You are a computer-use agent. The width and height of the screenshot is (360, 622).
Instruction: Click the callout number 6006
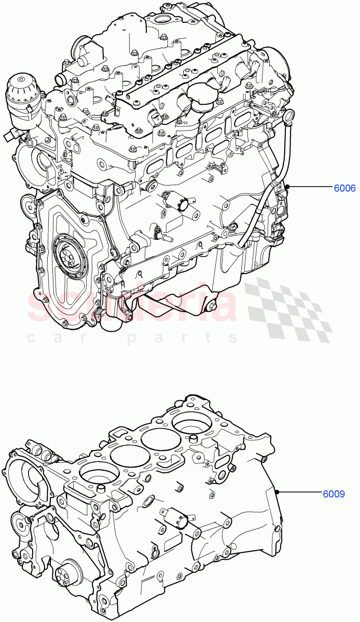344,189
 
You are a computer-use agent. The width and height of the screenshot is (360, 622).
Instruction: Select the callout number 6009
333,493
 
